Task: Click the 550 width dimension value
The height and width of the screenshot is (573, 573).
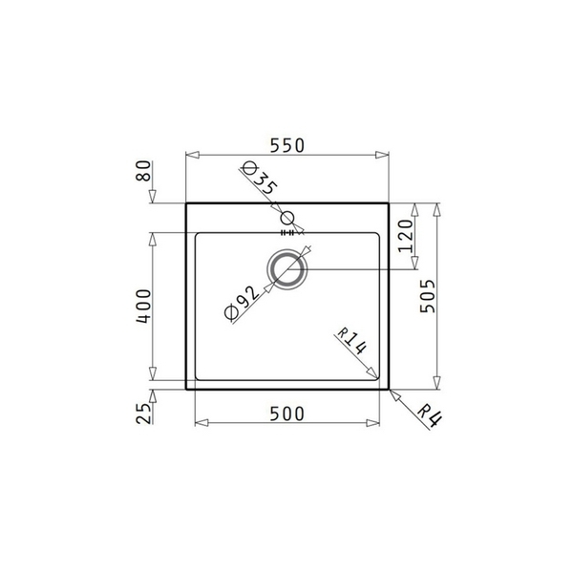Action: point(286,145)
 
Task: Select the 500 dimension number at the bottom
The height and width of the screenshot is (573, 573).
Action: point(286,413)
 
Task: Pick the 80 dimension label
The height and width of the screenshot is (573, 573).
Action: point(144,175)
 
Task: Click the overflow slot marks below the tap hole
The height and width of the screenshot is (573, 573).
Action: point(287,232)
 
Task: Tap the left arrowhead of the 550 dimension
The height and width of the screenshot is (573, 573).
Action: point(188,156)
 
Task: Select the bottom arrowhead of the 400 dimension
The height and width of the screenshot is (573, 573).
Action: point(154,377)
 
